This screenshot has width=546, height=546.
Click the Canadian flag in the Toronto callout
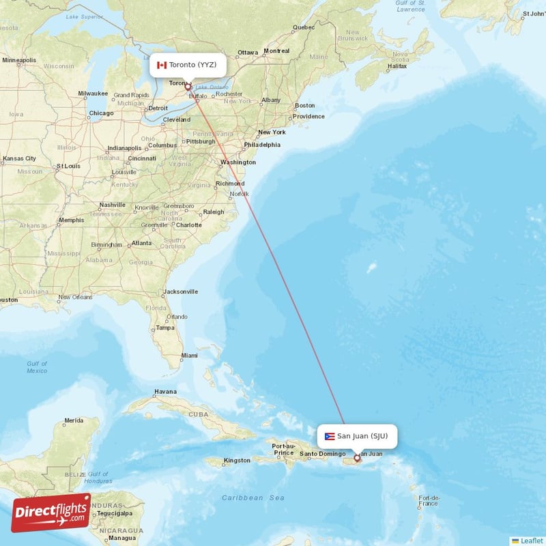[161, 65]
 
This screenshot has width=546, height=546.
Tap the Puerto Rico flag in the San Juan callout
[330, 436]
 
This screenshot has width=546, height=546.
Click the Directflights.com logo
[51, 513]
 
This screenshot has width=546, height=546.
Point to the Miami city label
[189, 356]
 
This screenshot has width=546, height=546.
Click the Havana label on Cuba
[165, 392]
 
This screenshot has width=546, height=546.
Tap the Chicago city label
[100, 113]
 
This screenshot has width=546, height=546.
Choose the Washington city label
[238, 162]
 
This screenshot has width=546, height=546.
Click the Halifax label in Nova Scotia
[397, 67]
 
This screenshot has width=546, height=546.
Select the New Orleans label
[75, 297]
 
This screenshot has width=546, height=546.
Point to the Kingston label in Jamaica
[237, 461]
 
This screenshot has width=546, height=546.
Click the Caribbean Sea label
[253, 498]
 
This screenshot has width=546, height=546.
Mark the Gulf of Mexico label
[37, 367]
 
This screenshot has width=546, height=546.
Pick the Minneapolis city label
[19, 60]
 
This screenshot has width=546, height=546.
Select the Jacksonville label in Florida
[180, 291]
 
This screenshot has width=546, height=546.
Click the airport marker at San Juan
[356, 458]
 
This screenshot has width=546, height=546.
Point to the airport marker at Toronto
[188, 87]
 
